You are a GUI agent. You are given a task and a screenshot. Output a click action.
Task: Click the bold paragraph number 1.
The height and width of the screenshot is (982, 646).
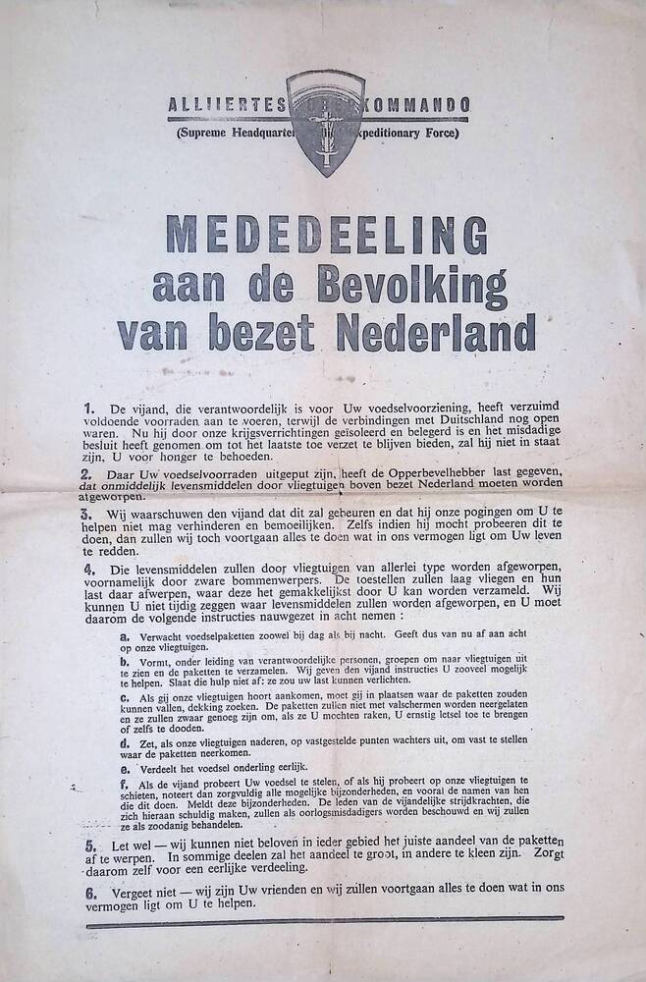(88, 407)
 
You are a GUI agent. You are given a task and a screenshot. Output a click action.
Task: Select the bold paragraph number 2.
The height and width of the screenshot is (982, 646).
(88, 473)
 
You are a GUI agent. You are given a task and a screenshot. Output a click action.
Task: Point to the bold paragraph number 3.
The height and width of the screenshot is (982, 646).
(88, 514)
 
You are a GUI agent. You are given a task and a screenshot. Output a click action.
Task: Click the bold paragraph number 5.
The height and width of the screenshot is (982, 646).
(89, 845)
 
